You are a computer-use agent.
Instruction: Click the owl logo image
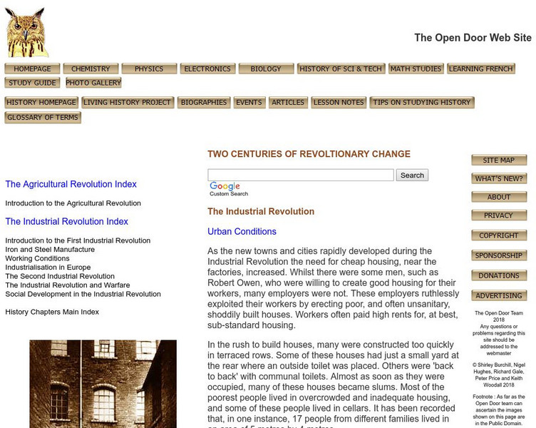coord(26,32)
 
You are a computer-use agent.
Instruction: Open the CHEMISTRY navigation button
coord(91,69)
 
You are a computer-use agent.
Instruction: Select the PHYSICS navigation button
coord(149,69)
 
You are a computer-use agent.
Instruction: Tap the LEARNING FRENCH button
coord(481,69)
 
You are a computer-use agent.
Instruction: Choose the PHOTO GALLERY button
coord(93,83)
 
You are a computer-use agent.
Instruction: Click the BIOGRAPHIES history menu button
coord(204,103)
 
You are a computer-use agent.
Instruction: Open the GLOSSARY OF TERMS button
coord(43,118)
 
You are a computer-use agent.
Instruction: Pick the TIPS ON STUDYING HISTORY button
coord(421,103)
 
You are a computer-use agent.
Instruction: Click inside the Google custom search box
coord(300,175)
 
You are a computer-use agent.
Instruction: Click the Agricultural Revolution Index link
coord(71,184)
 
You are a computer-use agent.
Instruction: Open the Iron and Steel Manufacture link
coord(50,250)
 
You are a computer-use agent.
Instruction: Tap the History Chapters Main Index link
coord(52,312)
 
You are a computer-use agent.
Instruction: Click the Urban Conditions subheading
coord(242,232)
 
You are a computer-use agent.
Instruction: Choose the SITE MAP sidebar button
coord(498,160)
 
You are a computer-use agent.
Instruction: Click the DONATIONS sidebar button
coord(498,275)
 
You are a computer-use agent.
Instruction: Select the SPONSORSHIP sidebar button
coord(498,255)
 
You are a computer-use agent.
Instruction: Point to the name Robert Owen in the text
coord(234,282)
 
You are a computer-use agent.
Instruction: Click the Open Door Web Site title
coord(473,38)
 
